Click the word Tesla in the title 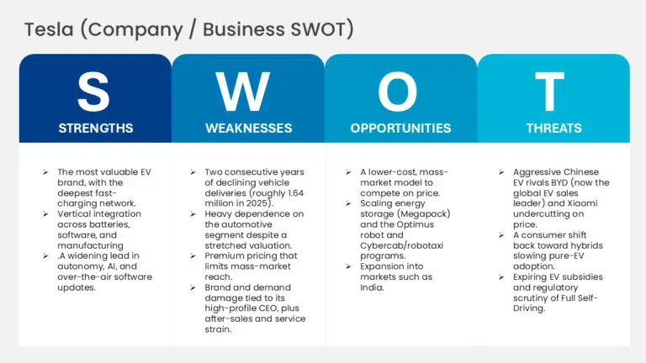coord(49,29)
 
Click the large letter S coord(93,92)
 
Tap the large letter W coord(242,92)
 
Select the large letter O coord(398,92)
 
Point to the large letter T coord(549,92)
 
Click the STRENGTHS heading coord(96,129)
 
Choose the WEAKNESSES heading coord(248,129)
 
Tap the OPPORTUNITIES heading coord(400,129)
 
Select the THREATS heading coord(553,129)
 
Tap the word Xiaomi coord(582,203)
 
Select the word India coord(372,287)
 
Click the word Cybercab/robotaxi coord(401,245)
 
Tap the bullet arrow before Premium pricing coord(193,256)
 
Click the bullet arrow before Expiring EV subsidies coord(501,277)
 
